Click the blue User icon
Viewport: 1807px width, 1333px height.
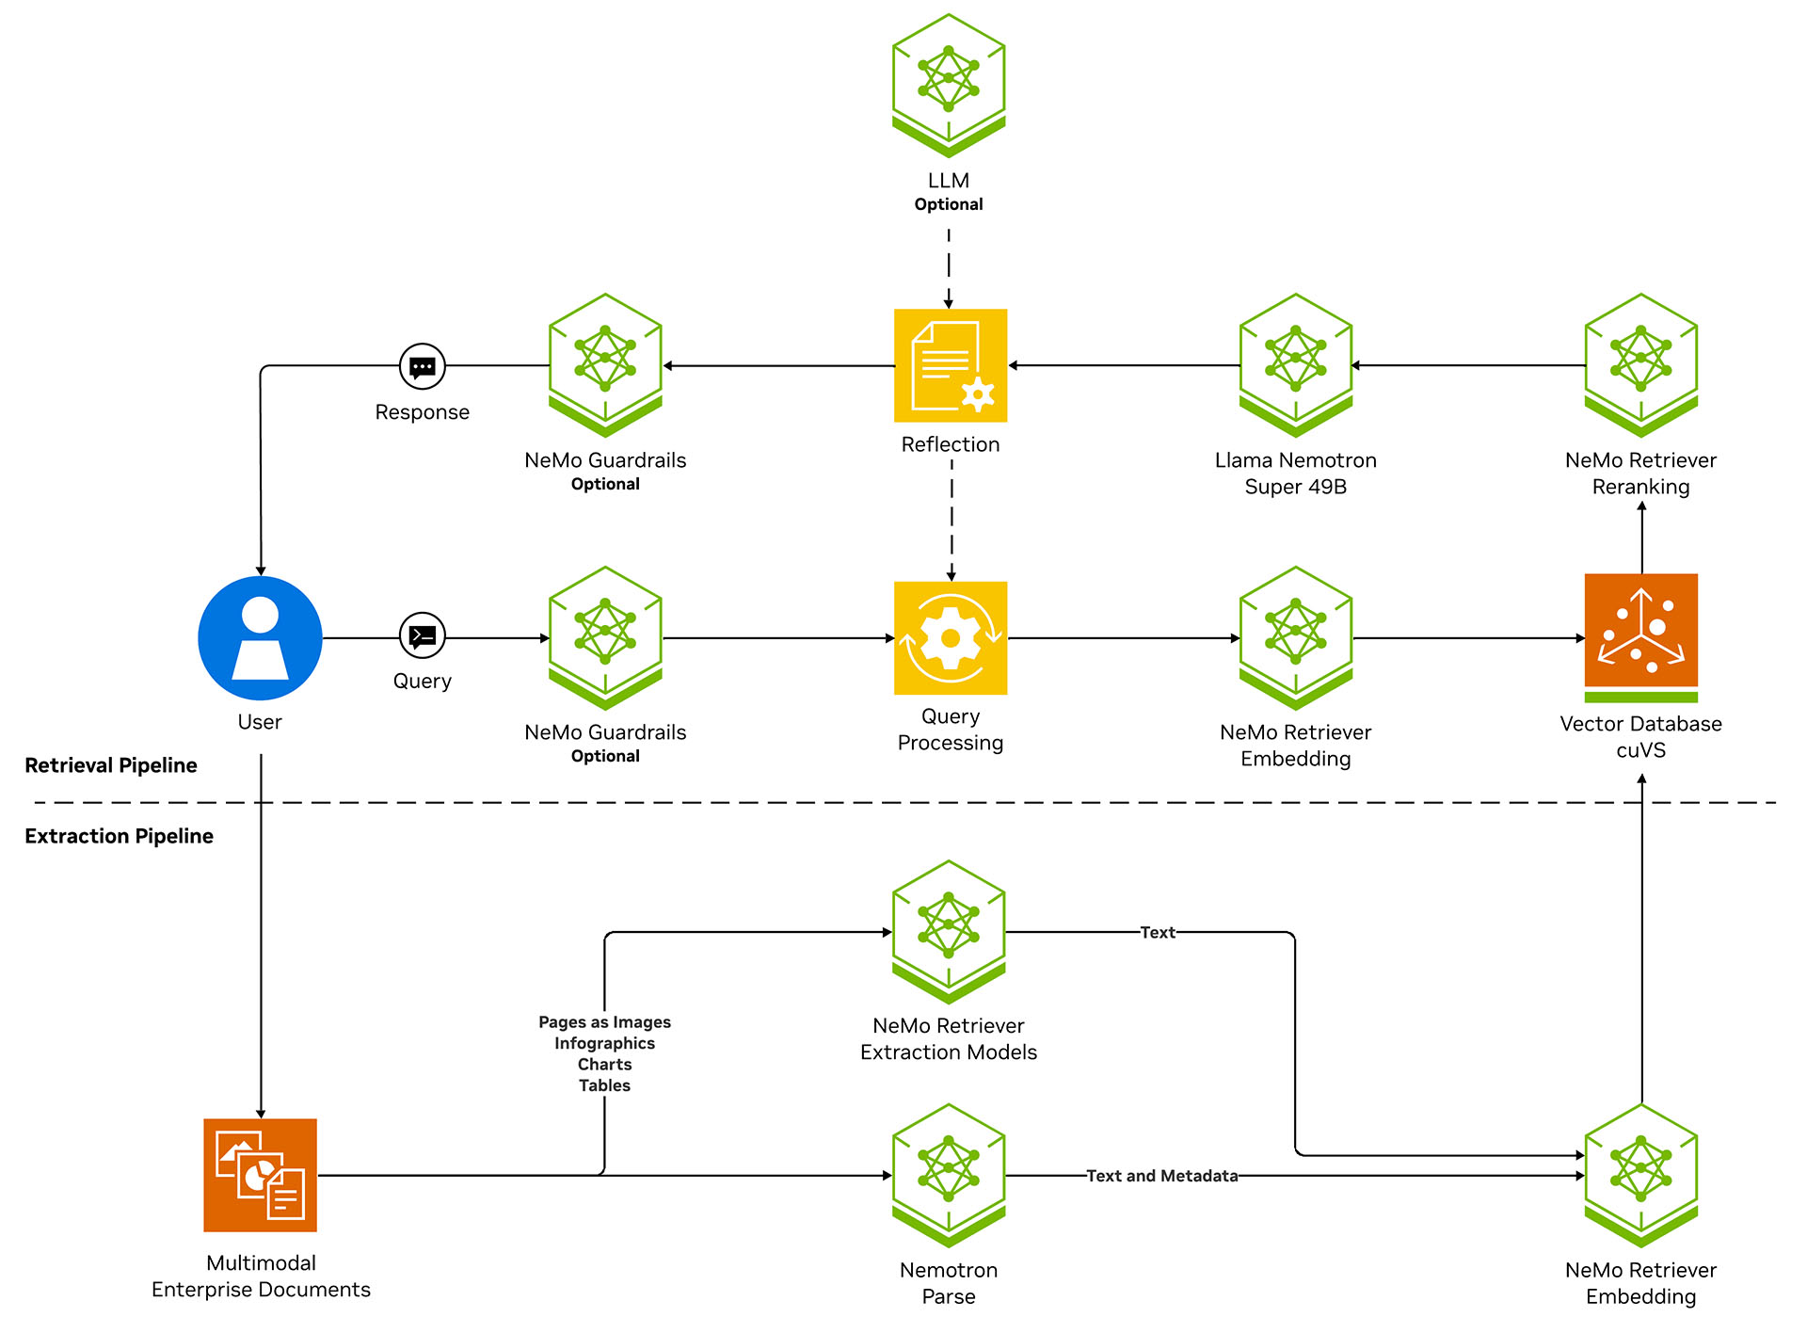click(260, 638)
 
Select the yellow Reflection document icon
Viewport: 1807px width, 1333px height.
click(951, 365)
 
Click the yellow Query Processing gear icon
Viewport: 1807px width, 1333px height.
click(951, 638)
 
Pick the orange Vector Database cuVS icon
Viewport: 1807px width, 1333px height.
click(1640, 631)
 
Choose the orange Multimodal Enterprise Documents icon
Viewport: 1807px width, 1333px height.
click(260, 1175)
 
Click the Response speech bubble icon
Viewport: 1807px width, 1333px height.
click(423, 366)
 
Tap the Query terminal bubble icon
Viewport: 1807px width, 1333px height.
click(423, 636)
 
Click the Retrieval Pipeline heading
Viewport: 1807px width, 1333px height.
click(111, 765)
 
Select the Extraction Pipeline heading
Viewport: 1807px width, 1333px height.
click(119, 836)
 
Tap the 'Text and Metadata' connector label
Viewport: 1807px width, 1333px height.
click(1161, 1176)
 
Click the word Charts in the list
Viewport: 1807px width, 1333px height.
click(604, 1065)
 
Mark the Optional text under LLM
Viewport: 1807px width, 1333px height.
click(949, 204)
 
